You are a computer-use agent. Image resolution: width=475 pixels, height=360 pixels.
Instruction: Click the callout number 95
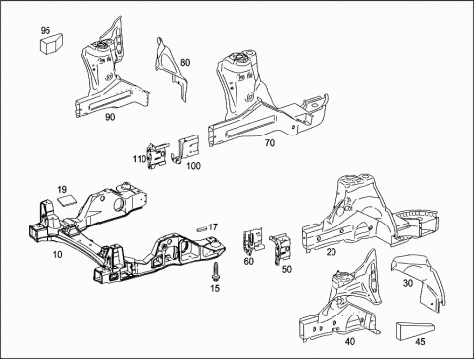pos(46,30)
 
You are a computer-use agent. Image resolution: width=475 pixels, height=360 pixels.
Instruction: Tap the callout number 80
pos(185,62)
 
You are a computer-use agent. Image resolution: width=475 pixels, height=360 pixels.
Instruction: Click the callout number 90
pos(110,117)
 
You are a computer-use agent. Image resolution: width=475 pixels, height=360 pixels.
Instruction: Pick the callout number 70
pos(270,143)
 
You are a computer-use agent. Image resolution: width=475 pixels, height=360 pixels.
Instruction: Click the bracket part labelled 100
pos(187,148)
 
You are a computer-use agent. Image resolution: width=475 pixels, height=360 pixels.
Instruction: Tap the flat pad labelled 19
pos(67,200)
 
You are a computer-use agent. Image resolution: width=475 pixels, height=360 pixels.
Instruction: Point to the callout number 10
pos(57,254)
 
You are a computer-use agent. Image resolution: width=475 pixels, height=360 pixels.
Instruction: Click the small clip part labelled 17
pos(201,229)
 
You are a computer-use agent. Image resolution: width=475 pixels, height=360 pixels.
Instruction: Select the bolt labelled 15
pos(215,272)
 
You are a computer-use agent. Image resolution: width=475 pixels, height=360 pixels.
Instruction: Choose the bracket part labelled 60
pos(253,242)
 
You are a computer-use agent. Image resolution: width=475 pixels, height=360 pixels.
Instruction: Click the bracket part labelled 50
pos(280,247)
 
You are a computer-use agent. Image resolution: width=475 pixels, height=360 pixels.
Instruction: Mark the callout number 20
pos(332,252)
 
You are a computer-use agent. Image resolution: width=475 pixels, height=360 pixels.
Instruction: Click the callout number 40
pos(350,342)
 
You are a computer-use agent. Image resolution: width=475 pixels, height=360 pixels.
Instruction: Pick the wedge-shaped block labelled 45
pos(416,330)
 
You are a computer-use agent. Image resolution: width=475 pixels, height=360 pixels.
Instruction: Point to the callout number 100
pos(193,166)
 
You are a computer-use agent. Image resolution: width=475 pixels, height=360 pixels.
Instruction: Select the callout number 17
pos(213,227)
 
